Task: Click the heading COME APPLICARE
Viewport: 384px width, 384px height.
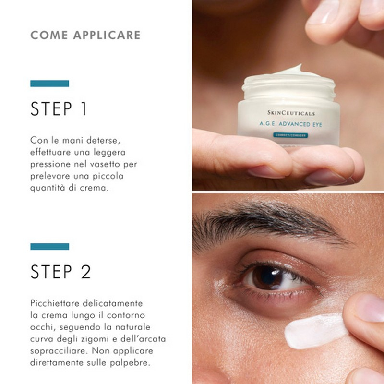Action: (x=85, y=35)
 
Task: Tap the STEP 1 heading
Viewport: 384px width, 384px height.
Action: (x=59, y=109)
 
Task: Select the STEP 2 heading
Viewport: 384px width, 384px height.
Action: (x=60, y=272)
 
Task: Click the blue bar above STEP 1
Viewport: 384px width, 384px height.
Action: (x=49, y=84)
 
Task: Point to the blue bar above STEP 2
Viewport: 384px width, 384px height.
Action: (x=49, y=246)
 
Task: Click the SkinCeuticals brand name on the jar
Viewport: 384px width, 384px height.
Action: (x=291, y=113)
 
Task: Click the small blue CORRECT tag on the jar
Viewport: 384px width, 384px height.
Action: (x=290, y=135)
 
